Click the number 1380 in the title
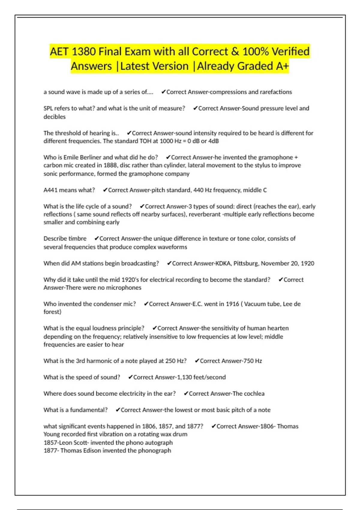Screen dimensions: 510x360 tap(84, 52)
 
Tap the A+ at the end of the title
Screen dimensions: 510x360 tap(282, 66)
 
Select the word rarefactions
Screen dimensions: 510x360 tap(276, 92)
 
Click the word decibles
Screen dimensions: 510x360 tap(55, 117)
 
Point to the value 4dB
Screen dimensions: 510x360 tap(213, 141)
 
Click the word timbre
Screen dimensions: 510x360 tap(77, 239)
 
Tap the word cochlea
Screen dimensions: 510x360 tap(254, 394)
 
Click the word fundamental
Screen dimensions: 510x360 tap(89, 410)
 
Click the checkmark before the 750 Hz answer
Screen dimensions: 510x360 tap(197, 361)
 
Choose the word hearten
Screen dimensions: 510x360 tap(278, 328)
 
